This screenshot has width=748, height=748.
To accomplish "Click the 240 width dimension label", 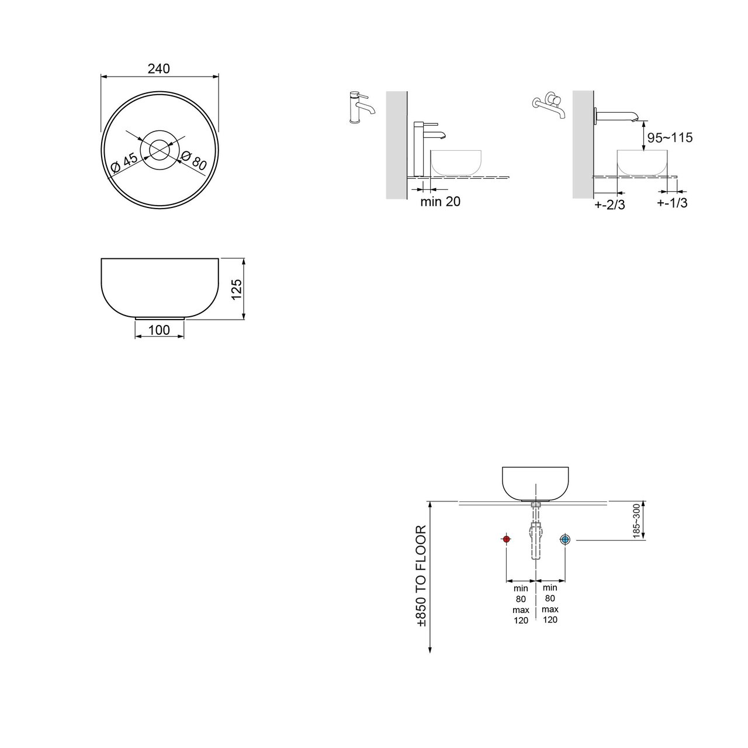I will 158,68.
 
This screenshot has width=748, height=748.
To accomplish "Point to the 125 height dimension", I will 237,289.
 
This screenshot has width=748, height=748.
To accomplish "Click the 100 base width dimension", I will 159,330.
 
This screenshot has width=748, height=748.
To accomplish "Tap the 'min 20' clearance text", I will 441,202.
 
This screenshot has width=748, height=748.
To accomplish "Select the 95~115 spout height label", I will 670,138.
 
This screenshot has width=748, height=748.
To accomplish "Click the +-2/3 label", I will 610,205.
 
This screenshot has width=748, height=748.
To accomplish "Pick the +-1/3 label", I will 671,203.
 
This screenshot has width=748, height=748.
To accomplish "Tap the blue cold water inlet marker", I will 565,539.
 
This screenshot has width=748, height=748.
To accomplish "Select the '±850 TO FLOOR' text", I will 422,576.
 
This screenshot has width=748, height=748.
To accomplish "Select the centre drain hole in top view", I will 159,149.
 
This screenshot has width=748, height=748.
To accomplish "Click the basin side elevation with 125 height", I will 159,288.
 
